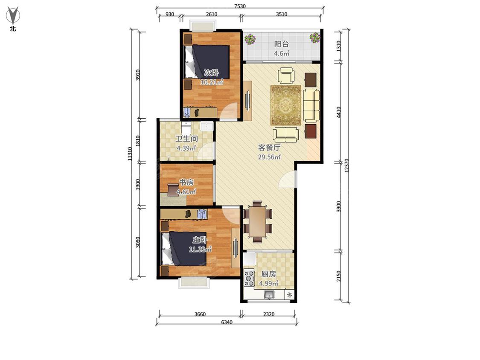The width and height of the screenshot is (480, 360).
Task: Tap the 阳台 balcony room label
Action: [x=281, y=44]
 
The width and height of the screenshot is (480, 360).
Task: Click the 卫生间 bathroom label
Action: [x=186, y=139]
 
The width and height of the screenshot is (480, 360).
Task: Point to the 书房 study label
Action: [x=186, y=183]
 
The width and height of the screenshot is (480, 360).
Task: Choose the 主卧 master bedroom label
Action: [x=200, y=240]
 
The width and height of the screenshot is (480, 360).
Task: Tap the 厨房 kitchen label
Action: [x=268, y=274]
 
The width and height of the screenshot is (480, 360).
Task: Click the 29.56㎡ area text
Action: [x=269, y=157]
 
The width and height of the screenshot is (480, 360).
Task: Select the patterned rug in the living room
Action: [x=285, y=105]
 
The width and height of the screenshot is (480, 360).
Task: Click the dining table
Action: [x=257, y=221]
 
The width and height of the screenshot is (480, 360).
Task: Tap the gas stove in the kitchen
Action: [x=249, y=278]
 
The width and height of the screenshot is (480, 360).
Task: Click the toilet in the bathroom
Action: [x=186, y=128]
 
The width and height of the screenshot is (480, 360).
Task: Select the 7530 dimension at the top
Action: [x=240, y=6]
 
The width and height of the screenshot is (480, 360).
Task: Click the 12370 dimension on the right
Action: [x=346, y=165]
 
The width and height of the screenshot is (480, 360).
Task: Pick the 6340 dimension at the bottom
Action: [x=227, y=322]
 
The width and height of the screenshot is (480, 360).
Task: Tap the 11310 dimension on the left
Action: [x=130, y=154]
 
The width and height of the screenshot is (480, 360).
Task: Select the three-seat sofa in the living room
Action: [x=311, y=105]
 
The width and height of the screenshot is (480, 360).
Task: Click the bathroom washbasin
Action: [x=207, y=126]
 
